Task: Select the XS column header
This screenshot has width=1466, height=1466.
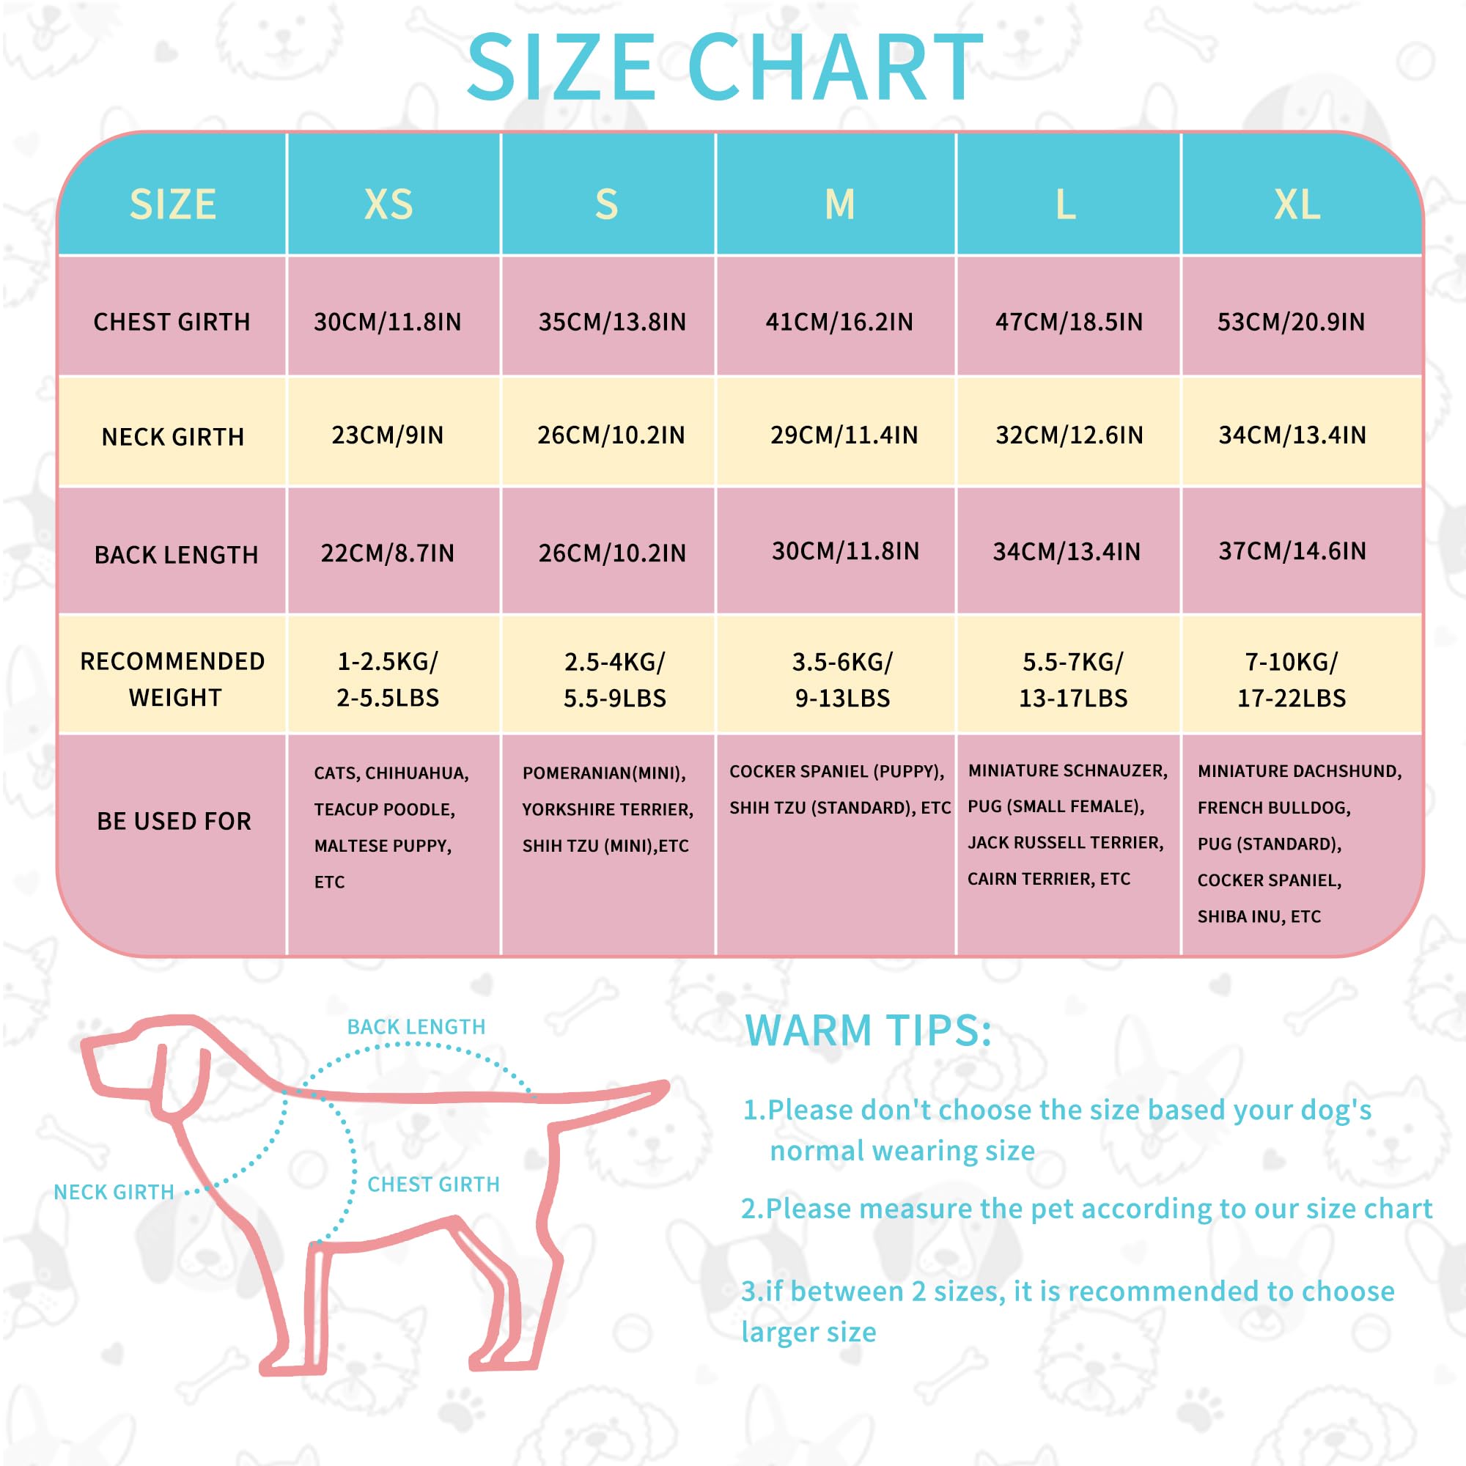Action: [x=388, y=204]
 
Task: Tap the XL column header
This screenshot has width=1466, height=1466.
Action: [x=1297, y=204]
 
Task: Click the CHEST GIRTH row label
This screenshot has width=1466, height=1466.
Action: [x=172, y=322]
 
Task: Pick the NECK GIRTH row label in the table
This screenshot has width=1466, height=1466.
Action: [x=173, y=437]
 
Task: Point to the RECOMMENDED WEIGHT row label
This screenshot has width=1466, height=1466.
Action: [x=173, y=679]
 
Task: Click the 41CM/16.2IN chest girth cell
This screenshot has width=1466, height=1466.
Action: [x=839, y=322]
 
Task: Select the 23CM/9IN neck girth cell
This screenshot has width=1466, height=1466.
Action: [x=388, y=435]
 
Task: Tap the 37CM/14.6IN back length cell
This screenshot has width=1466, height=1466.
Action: [x=1292, y=551]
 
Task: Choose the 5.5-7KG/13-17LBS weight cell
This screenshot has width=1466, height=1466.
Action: [x=1073, y=680]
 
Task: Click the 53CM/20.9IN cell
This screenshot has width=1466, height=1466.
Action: [x=1291, y=322]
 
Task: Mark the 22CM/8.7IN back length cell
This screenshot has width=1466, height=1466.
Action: [x=388, y=553]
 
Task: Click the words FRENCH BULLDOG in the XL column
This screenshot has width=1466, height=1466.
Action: [x=1273, y=807]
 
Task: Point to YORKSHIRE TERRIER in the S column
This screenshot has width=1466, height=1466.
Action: [x=608, y=810]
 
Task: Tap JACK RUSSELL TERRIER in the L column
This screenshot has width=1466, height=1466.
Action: [x=1065, y=842]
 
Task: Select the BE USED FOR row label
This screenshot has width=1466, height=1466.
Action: [x=174, y=821]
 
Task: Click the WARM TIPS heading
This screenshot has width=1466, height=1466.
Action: [x=868, y=1031]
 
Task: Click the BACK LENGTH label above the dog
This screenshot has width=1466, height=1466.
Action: [x=416, y=1027]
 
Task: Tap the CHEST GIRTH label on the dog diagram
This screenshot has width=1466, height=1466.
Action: [x=433, y=1185]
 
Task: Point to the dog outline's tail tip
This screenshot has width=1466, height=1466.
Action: [x=667, y=1086]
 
